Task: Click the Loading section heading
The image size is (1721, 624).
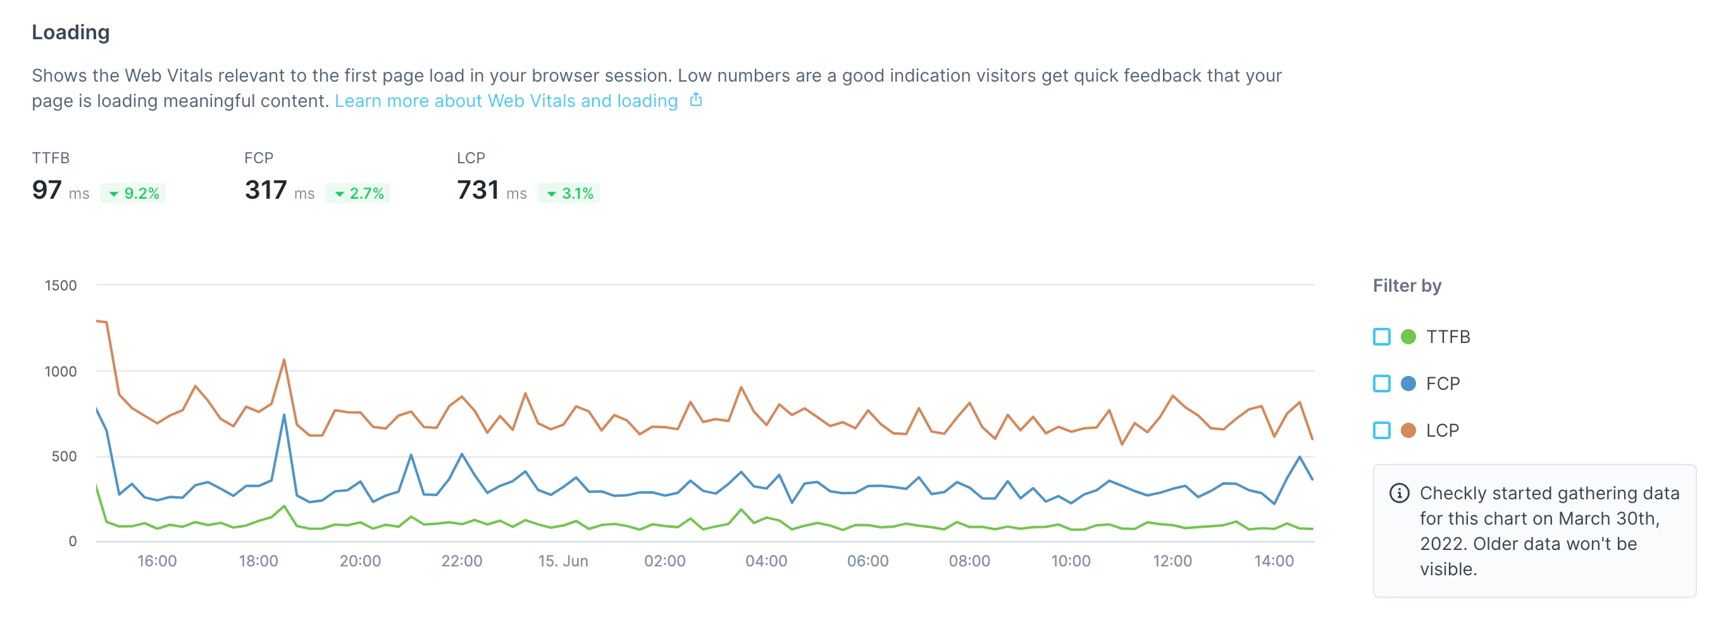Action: click(70, 32)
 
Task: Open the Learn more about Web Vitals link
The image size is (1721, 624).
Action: click(506, 101)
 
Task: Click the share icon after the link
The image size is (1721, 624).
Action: click(695, 100)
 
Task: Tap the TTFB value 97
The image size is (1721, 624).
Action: click(47, 190)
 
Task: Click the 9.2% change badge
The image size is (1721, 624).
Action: click(134, 193)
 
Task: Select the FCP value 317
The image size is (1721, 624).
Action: click(265, 190)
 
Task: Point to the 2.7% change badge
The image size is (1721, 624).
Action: click(358, 193)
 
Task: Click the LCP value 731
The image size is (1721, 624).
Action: click(478, 190)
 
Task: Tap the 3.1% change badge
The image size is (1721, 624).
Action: click(569, 193)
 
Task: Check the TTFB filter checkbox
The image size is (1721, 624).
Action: click(1381, 337)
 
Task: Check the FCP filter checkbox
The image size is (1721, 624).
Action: click(1381, 384)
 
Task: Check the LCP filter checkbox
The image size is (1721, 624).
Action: click(1381, 430)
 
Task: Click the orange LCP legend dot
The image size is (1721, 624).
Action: click(1408, 430)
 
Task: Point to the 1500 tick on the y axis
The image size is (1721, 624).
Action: click(60, 285)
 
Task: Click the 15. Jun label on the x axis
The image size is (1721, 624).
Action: click(562, 561)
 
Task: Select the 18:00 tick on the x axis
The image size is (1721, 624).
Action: click(258, 561)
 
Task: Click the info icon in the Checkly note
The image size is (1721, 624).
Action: click(1399, 493)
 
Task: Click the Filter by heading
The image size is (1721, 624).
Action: click(1407, 286)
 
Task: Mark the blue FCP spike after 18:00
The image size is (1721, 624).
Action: click(284, 416)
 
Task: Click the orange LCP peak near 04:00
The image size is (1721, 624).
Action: click(741, 387)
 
